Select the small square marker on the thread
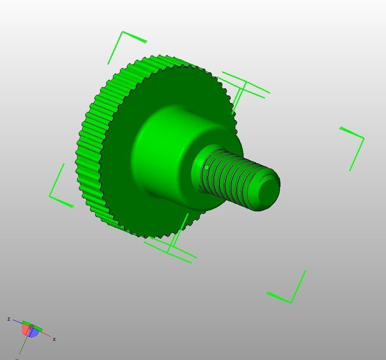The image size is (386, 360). tap(207, 167)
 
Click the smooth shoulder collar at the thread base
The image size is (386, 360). tap(197, 173)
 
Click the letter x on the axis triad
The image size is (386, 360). tap(54, 339)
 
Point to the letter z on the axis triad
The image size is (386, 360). tap(9, 319)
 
